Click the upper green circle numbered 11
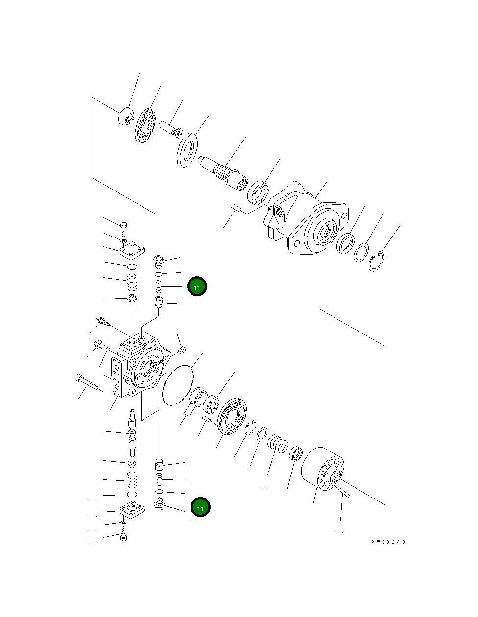pyautogui.click(x=197, y=286)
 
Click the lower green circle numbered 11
pyautogui.click(x=200, y=508)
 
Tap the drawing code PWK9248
pyautogui.click(x=388, y=542)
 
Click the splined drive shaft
pyautogui.click(x=224, y=171)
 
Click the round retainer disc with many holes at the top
pyautogui.click(x=145, y=126)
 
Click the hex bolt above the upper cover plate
pyautogui.click(x=123, y=228)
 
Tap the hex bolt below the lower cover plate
pyautogui.click(x=123, y=534)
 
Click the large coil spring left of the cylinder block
pyautogui.click(x=278, y=445)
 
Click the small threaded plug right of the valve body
pyautogui.click(x=182, y=350)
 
